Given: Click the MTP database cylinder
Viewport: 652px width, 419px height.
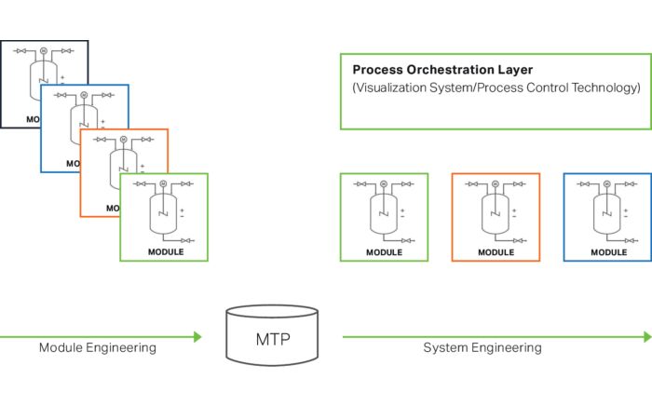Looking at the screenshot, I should (272, 334).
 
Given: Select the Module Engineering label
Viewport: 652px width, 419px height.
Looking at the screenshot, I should (98, 347).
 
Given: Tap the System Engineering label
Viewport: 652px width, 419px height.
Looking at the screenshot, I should (482, 347).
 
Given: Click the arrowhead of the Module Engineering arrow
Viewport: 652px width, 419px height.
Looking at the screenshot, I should (197, 336).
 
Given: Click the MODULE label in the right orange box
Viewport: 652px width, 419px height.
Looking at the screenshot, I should (496, 251).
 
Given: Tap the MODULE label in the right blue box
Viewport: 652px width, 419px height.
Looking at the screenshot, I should (608, 251).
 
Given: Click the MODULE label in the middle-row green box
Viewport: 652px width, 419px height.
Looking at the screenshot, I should (384, 251).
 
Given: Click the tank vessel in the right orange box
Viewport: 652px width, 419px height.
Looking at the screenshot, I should (495, 213).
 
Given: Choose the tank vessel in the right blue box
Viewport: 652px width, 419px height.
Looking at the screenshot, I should (606, 213).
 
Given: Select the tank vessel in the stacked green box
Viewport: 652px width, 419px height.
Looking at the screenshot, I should (164, 214).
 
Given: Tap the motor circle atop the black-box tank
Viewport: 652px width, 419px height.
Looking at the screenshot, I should (43, 51).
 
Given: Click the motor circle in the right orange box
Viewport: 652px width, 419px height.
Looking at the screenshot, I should (495, 184).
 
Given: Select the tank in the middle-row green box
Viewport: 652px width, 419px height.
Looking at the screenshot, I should (383, 213).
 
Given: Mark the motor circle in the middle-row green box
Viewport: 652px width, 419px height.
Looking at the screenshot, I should (383, 184).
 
